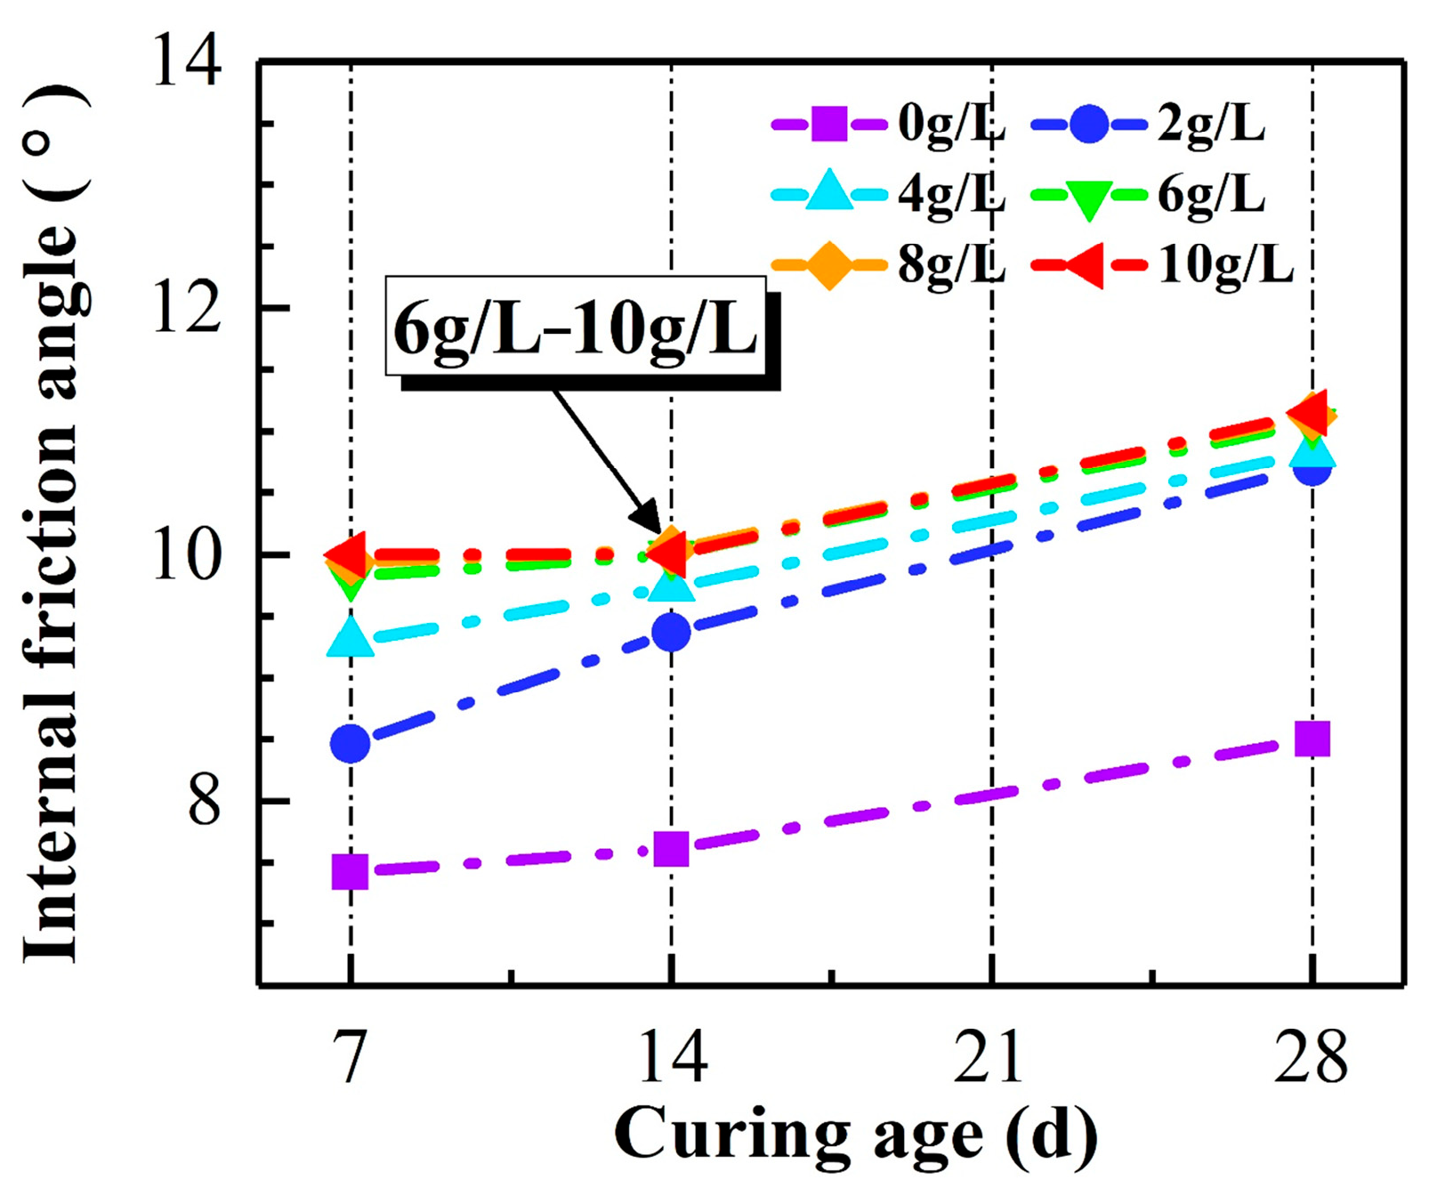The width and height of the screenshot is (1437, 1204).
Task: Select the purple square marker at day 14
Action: point(671,849)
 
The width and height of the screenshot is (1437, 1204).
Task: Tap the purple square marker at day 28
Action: point(1312,739)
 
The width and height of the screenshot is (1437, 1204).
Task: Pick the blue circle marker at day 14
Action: point(671,633)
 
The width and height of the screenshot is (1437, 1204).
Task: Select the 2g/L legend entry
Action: point(1149,124)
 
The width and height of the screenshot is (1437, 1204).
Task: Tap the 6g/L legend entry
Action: point(1149,193)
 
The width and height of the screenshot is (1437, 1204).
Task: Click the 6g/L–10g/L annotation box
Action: point(576,326)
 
